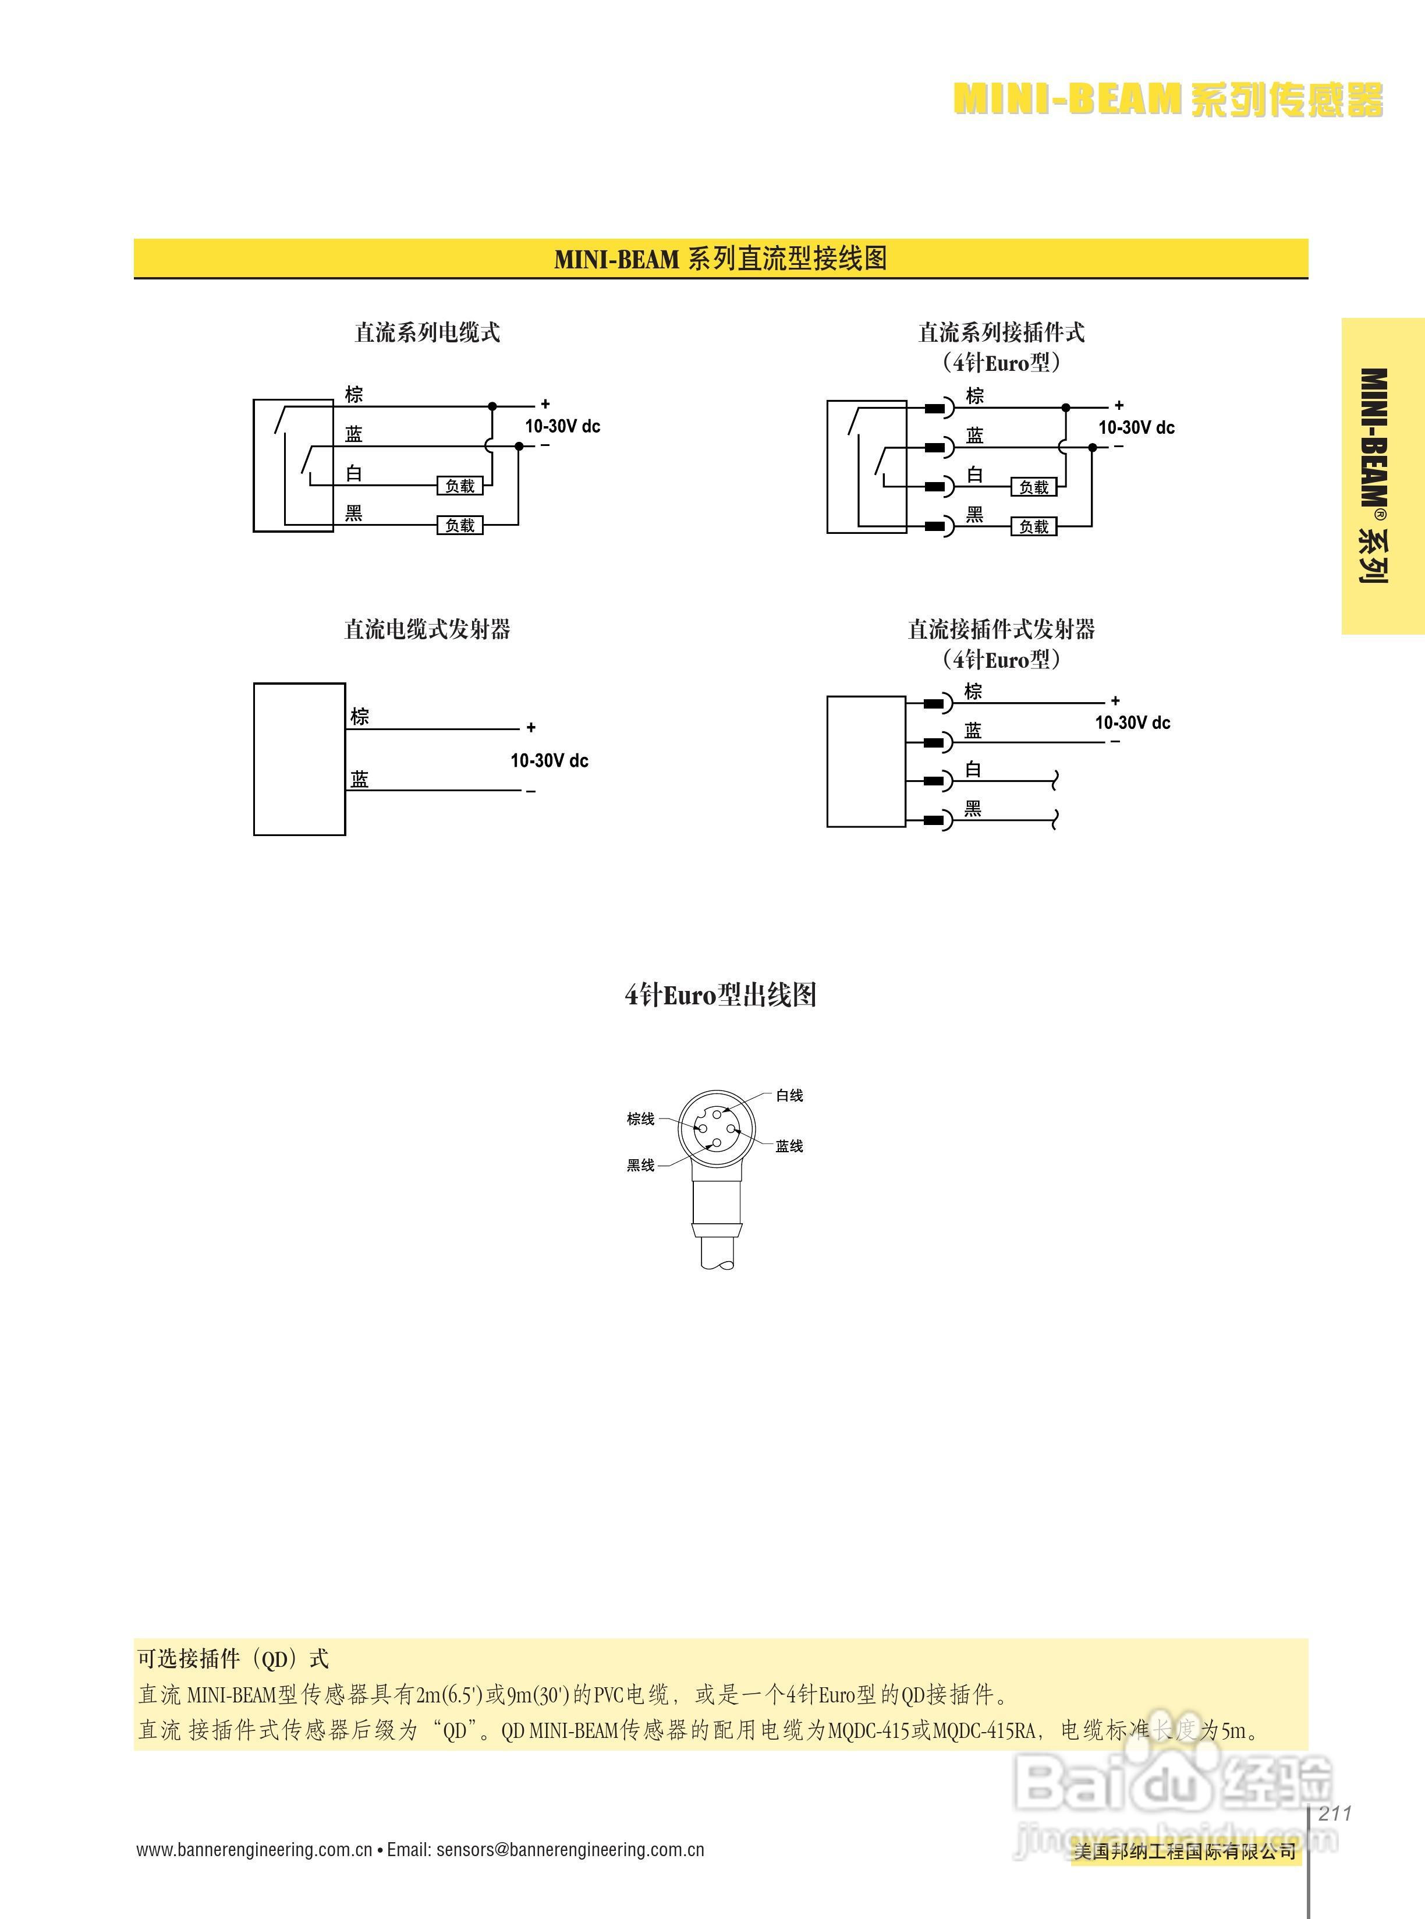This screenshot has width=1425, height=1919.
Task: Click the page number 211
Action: point(1334,1813)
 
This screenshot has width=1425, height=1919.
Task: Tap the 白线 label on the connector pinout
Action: point(789,1096)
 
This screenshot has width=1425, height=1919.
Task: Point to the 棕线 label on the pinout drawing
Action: point(640,1119)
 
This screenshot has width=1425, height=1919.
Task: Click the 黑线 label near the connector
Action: point(640,1166)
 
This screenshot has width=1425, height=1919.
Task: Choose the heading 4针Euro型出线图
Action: point(720,995)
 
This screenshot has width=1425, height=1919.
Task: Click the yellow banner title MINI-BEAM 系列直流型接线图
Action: point(720,258)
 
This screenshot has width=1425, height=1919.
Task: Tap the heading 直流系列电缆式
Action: point(427,333)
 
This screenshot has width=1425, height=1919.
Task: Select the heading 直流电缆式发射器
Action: point(427,629)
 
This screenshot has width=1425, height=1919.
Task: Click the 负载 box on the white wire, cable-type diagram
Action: point(460,486)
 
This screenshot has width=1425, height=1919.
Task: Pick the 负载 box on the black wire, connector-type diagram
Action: point(1033,526)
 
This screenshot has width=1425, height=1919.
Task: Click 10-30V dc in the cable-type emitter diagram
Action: point(550,760)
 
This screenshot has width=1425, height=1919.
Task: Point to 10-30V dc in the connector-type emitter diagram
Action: point(1133,722)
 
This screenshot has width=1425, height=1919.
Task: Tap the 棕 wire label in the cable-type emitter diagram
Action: point(360,716)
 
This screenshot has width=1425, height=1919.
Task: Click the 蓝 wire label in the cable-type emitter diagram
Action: point(360,779)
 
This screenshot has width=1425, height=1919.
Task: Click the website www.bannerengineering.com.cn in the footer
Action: point(254,1850)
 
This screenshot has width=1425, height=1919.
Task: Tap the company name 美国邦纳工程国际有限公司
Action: point(1185,1851)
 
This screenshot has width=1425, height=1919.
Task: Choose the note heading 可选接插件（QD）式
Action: point(233,1658)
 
